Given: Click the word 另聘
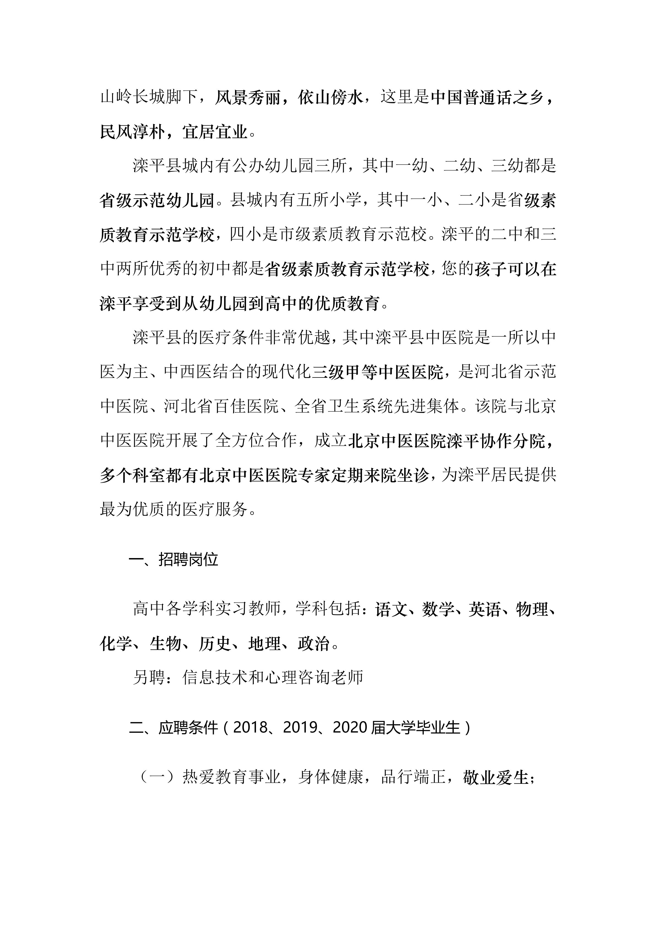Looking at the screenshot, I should (x=149, y=678).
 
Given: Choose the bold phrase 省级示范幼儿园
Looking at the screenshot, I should (x=157, y=200).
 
